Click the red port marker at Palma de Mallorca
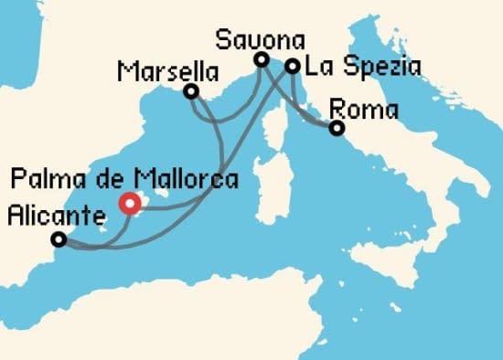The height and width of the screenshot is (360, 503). (131, 204)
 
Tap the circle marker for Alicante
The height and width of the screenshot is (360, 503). (59, 239)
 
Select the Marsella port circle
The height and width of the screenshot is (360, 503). (191, 91)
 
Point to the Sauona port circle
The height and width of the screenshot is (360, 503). (261, 60)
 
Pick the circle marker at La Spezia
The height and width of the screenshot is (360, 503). (292, 66)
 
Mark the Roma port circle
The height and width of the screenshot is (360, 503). (337, 129)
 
